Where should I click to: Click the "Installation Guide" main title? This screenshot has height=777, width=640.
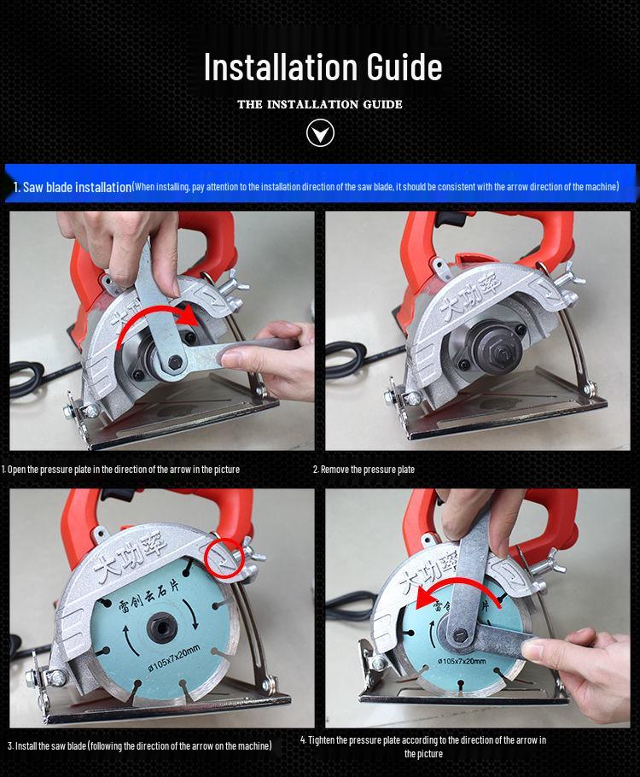(x=323, y=67)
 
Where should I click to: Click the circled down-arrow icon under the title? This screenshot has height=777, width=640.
(x=320, y=133)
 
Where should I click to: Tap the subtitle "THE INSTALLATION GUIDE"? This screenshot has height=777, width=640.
(x=320, y=104)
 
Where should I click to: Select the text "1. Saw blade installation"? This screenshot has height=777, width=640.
(x=73, y=187)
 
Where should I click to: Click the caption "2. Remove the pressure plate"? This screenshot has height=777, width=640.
(x=364, y=470)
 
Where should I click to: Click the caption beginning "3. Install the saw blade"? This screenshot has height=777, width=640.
(x=140, y=745)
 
